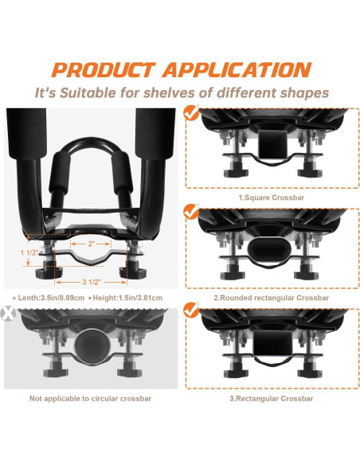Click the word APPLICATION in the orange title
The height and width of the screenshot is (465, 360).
(237, 70)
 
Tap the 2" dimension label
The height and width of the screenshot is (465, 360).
(91, 244)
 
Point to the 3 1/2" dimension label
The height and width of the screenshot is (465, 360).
(92, 282)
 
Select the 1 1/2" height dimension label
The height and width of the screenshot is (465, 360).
(29, 252)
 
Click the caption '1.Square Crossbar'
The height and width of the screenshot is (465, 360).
(272, 197)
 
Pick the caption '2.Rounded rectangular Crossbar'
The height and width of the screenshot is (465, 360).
(272, 298)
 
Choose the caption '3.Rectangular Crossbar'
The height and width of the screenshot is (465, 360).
(272, 398)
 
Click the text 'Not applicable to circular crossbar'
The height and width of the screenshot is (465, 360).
(91, 398)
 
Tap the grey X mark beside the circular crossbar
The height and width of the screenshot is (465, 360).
(8, 314)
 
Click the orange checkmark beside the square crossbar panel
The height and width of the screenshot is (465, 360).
(191, 112)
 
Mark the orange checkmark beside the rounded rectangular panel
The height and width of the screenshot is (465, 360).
(191, 212)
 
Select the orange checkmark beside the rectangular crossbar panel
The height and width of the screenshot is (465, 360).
(191, 310)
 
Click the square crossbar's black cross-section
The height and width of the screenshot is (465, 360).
(273, 144)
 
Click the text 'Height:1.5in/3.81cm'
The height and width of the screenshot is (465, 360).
(126, 298)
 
